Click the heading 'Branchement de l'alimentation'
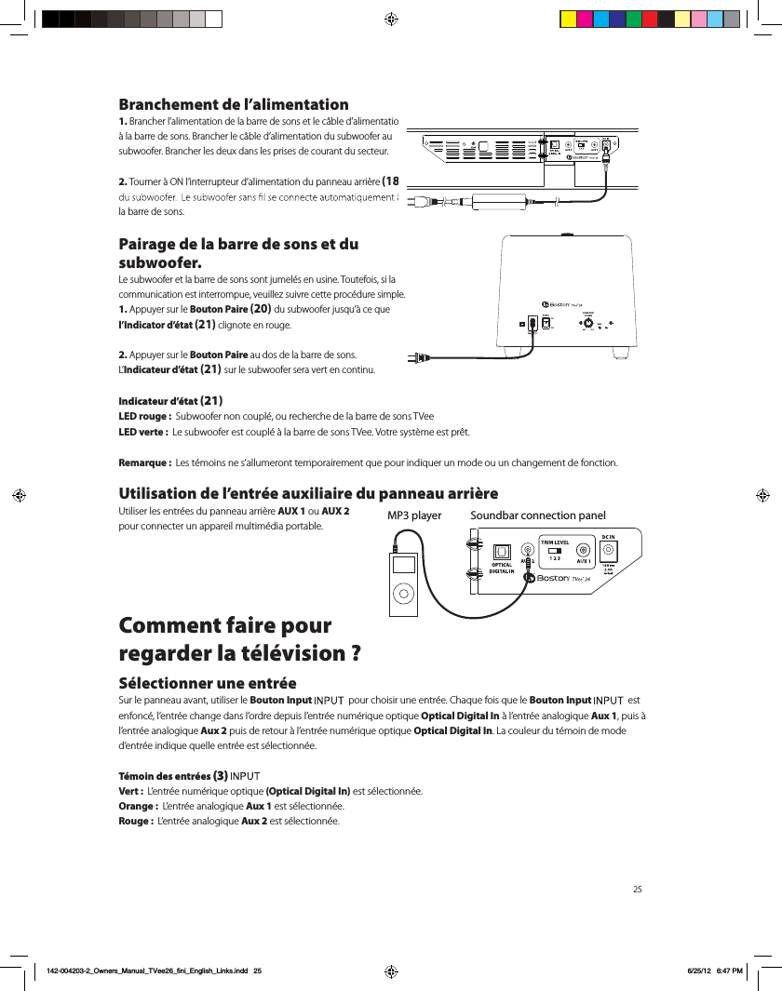[233, 104]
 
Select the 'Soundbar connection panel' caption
[537, 516]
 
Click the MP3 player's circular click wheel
[403, 591]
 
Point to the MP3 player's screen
[403, 565]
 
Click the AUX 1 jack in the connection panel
[584, 550]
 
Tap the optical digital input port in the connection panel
[503, 550]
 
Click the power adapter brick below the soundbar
[501, 201]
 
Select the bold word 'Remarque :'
[144, 463]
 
